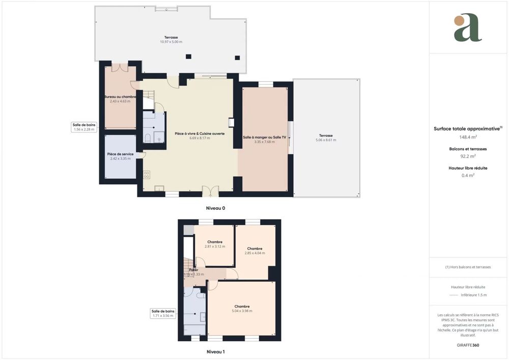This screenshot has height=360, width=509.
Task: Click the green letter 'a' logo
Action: coord(468,29)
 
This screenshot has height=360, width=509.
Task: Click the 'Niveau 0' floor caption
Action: coord(215,208)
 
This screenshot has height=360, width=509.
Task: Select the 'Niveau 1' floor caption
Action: coord(215,351)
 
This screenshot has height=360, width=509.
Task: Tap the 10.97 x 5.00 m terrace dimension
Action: coord(171,42)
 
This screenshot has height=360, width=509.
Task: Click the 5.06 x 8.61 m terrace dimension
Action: coord(326,140)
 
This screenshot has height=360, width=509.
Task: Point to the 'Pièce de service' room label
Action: coord(120,154)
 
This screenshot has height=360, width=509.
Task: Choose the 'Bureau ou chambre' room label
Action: coord(120,96)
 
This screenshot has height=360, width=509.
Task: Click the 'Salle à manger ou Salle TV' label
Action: coord(265,137)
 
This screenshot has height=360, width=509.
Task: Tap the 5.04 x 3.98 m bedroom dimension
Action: coord(242,311)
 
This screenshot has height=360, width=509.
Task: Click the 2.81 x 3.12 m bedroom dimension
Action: coord(214,246)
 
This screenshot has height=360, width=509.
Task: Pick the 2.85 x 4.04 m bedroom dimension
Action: coord(254,253)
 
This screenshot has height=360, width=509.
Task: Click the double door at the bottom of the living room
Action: coord(210,191)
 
